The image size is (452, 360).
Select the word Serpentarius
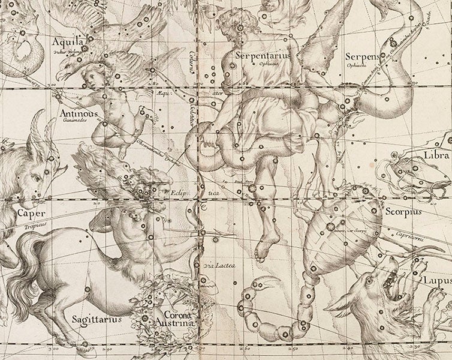click(x=258, y=53)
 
